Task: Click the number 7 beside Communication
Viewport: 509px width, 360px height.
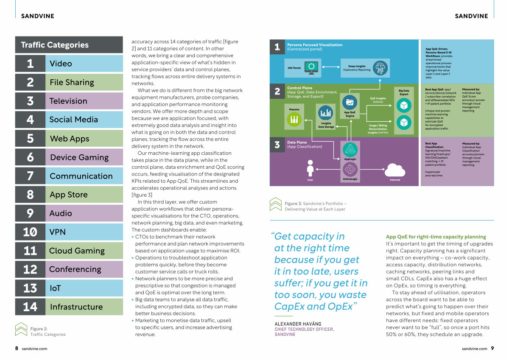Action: tap(30, 176)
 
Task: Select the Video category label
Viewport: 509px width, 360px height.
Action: tap(61, 64)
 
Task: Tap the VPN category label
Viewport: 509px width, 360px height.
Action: tap(58, 232)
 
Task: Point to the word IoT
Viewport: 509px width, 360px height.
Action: tap(55, 288)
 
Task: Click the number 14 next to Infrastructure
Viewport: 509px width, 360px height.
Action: tap(30, 307)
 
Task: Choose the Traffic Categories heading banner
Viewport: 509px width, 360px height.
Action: tap(69, 45)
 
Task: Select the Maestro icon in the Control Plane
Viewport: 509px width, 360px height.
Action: tap(294, 119)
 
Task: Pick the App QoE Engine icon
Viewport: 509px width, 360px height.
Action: tap(350, 103)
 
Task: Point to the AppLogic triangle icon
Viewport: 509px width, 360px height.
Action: tap(350, 149)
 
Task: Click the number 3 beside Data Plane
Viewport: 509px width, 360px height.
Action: tap(277, 145)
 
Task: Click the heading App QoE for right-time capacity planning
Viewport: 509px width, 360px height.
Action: tap(436, 237)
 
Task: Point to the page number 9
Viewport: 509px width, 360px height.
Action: tap(492, 348)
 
